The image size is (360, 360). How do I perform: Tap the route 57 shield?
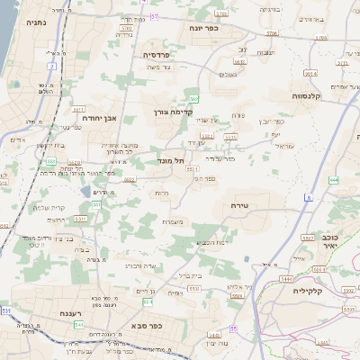coord(154,16)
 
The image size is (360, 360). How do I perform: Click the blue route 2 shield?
coord(52,67)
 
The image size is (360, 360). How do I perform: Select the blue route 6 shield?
coord(307,195)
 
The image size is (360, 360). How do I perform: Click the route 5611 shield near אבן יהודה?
coord(79,106)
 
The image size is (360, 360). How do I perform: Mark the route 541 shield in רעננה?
coord(79,324)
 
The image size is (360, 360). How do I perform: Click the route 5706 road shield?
coord(271,34)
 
